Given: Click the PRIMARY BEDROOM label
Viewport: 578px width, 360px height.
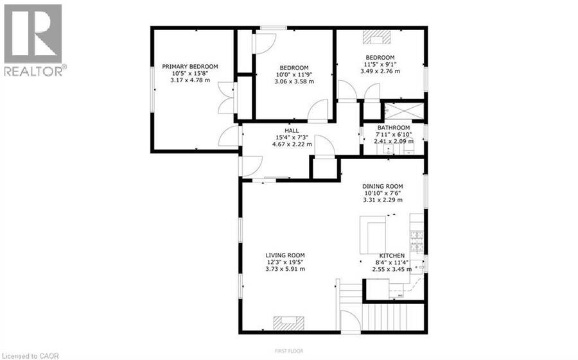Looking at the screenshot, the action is [190, 66].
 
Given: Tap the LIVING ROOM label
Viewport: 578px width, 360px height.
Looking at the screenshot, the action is [285, 255].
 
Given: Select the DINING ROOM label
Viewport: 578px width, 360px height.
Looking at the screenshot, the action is [383, 187].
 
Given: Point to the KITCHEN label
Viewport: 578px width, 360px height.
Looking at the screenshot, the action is [392, 255].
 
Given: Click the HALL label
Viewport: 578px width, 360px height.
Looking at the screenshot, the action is [292, 130].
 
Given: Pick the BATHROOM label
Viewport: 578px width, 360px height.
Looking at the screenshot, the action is [394, 128].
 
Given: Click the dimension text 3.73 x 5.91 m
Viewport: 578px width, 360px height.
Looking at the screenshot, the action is [285, 269].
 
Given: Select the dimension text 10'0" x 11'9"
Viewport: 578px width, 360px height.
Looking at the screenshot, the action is [293, 74].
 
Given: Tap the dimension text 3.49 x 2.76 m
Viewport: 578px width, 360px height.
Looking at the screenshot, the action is [380, 71].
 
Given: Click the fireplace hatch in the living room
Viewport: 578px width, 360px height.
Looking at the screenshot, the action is [289, 323].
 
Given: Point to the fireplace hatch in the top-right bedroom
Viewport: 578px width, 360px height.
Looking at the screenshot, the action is [376, 37].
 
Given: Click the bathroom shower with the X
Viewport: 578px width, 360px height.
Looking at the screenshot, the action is [404, 111].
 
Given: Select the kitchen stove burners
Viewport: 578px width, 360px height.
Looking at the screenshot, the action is [417, 242].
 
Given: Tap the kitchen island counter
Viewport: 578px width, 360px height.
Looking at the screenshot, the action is [372, 235].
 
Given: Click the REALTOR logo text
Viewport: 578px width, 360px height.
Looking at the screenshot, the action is [35, 71].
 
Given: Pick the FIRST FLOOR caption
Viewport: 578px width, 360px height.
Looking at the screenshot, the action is [289, 351].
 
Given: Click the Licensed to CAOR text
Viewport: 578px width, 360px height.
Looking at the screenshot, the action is [30, 356].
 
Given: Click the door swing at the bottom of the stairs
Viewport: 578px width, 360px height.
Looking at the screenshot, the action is [350, 321].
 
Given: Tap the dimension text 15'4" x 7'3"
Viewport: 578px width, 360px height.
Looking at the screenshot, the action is [292, 137].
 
